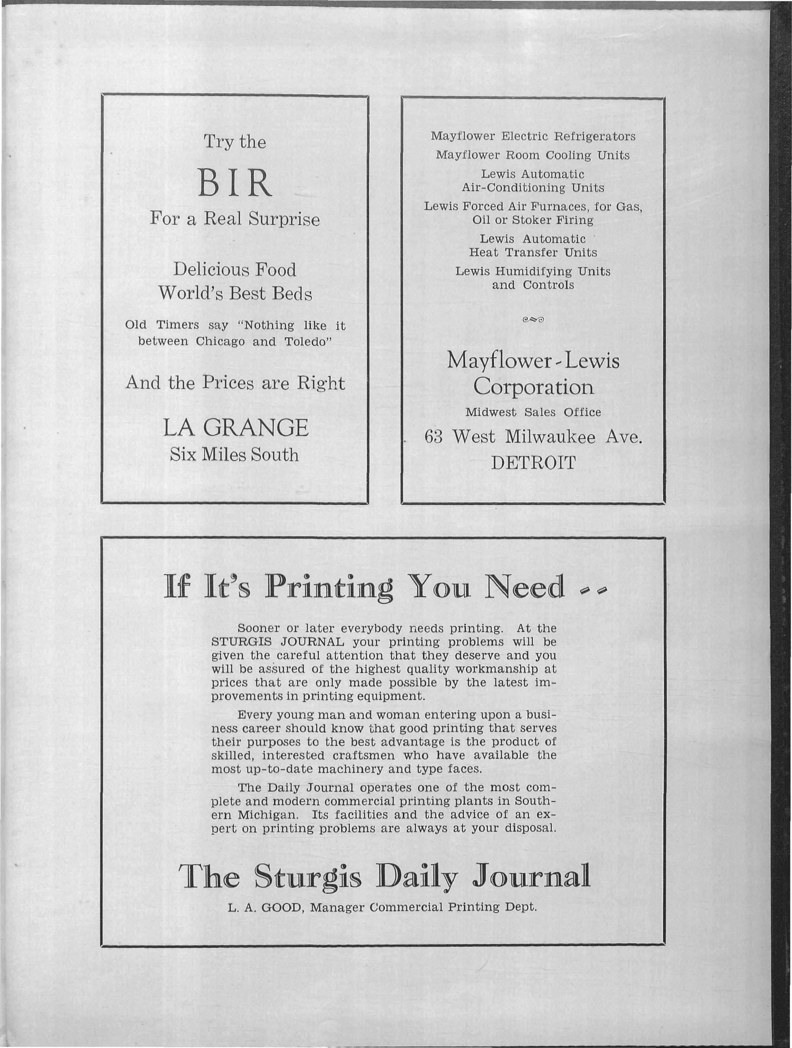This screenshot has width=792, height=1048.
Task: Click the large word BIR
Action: click(235, 183)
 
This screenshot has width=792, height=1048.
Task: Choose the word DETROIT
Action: click(533, 463)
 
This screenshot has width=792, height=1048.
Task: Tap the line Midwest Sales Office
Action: click(533, 412)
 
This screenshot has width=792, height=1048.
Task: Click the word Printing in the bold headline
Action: click(329, 587)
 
